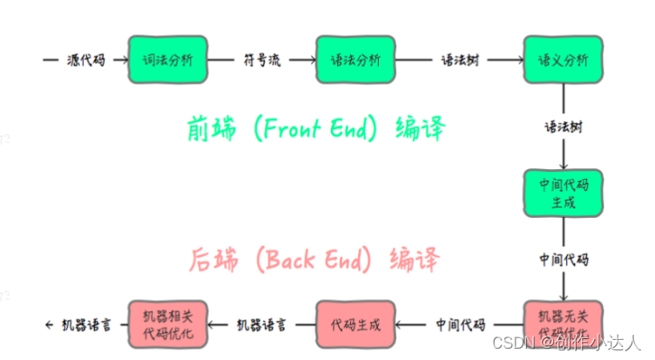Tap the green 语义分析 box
(x=562, y=60)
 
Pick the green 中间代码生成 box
(x=562, y=194)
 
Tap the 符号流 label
(x=261, y=61)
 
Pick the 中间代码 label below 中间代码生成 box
(x=563, y=260)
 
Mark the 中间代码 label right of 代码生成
(x=460, y=325)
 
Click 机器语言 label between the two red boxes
(x=261, y=325)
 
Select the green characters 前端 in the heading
(x=208, y=128)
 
